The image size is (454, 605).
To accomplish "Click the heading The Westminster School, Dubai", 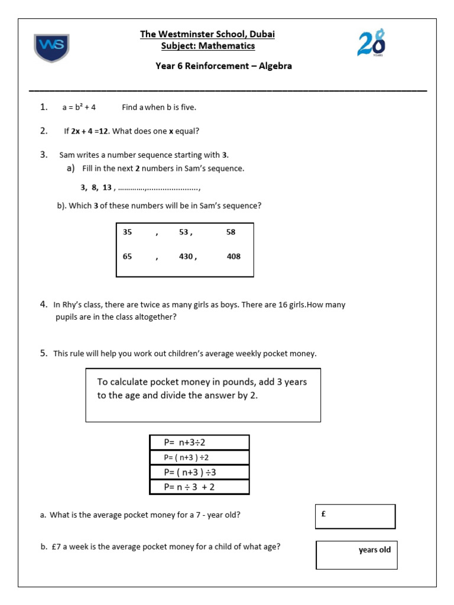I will (x=207, y=34).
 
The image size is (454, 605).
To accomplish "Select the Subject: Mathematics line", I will (x=207, y=46).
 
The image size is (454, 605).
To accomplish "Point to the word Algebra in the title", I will (x=273, y=66).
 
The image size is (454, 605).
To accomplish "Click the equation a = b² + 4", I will (x=79, y=108).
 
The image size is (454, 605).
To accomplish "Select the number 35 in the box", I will (x=128, y=232).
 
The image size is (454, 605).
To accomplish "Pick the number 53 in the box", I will (x=185, y=232).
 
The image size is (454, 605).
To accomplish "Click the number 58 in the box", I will (x=231, y=232).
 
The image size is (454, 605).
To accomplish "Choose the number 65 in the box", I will (x=128, y=257).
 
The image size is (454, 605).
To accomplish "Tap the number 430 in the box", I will (x=187, y=257).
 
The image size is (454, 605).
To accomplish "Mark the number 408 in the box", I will (x=234, y=257).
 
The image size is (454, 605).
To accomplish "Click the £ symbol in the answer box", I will (x=323, y=514).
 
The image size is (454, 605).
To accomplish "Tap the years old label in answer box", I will (x=374, y=550).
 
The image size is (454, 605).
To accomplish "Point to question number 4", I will (x=44, y=305).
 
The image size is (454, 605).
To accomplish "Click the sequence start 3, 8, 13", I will (x=96, y=188).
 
